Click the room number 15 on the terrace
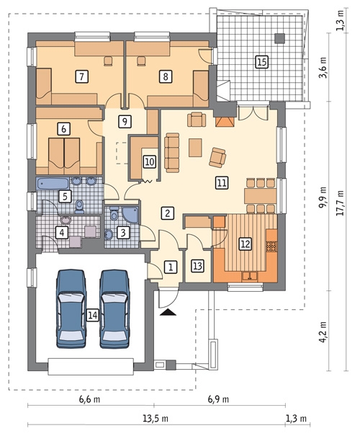261,61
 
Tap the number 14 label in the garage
92,315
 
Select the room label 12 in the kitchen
246,244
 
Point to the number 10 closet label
150,161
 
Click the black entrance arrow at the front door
168,312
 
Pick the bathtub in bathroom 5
53,184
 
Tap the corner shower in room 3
130,215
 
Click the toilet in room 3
114,213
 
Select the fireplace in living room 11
225,122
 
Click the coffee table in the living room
195,148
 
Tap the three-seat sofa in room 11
172,152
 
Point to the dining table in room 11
260,196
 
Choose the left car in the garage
71,308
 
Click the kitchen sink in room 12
250,276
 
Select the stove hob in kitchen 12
271,246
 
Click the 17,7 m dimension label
341,203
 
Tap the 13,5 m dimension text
156,418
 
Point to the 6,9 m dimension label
218,399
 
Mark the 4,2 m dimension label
323,332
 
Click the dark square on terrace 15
280,38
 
